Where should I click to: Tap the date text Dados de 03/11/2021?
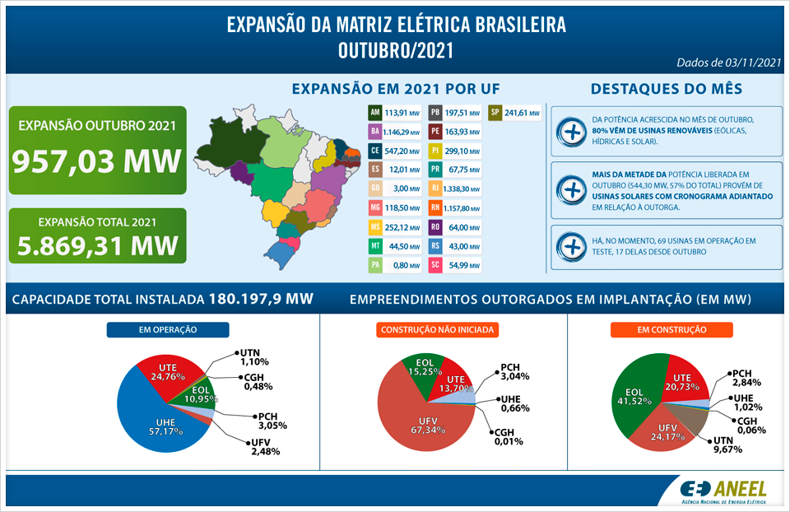click(x=727, y=63)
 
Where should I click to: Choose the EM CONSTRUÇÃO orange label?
click(x=671, y=330)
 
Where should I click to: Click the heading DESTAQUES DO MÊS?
click(x=667, y=89)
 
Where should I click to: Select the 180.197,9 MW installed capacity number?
click(x=261, y=299)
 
